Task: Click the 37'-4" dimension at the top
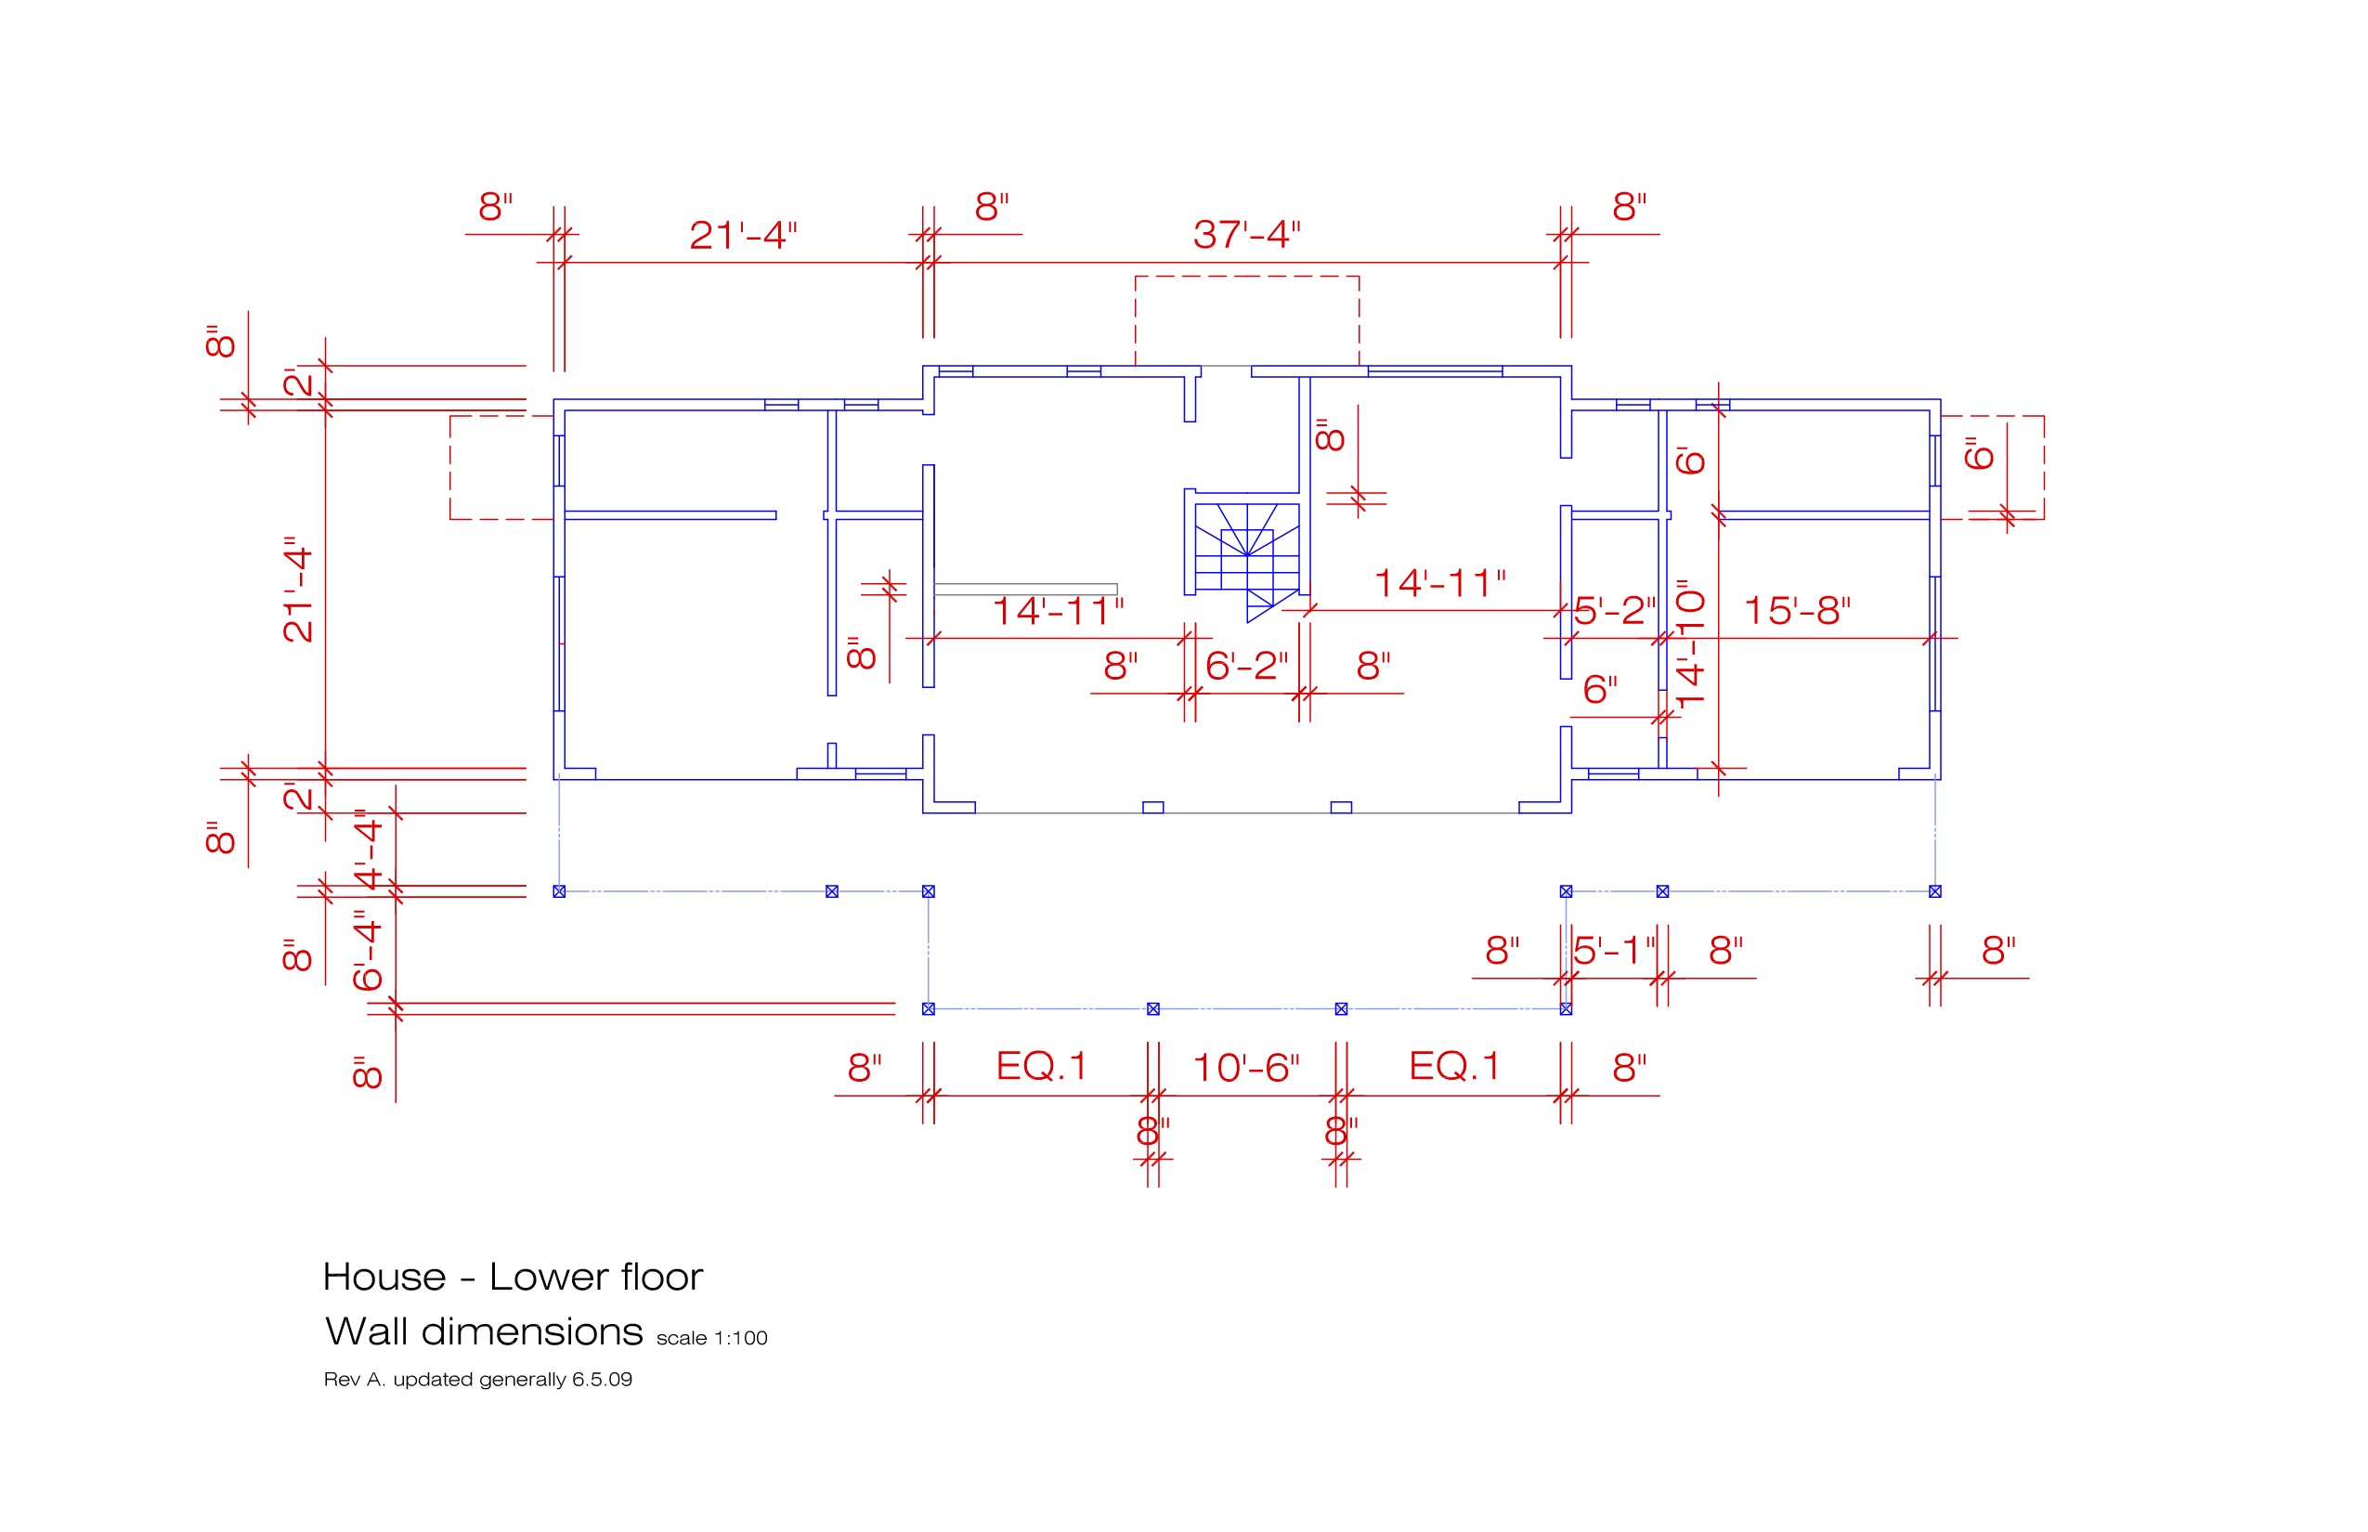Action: coord(1246,236)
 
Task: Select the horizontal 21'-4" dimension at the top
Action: coord(743,237)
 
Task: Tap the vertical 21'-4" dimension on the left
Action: coord(297,590)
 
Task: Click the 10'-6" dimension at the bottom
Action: coord(1245,1069)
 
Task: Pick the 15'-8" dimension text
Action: coord(1797,611)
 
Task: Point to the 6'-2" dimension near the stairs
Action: coord(1246,667)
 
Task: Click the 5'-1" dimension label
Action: coord(1614,951)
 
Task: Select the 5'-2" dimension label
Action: coord(1614,611)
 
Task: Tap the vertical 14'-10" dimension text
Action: coord(1690,644)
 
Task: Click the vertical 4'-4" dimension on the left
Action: coord(368,849)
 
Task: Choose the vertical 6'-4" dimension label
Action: coord(368,951)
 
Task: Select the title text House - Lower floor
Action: coord(513,1278)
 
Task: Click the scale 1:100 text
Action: coord(711,1339)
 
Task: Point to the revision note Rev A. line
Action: coord(477,1380)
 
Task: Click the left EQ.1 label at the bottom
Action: coord(1042,1067)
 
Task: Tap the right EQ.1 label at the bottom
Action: coord(1453,1067)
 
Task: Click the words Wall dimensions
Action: coord(484,1332)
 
